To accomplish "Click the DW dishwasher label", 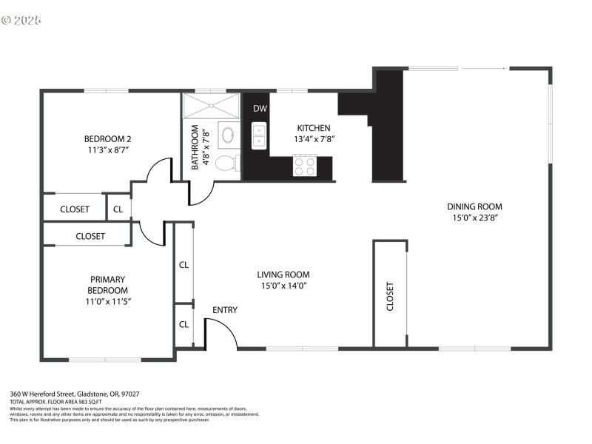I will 260,109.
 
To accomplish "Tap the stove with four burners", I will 303,165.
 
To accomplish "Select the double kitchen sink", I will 259,136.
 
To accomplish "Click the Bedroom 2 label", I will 107,138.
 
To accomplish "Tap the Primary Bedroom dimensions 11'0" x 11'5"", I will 108,301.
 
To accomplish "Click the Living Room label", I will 283,275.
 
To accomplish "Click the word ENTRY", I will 225,310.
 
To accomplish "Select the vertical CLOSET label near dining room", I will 390,296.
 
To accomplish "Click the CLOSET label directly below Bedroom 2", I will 75,209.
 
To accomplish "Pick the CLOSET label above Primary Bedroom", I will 90,237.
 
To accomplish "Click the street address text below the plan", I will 75,394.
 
